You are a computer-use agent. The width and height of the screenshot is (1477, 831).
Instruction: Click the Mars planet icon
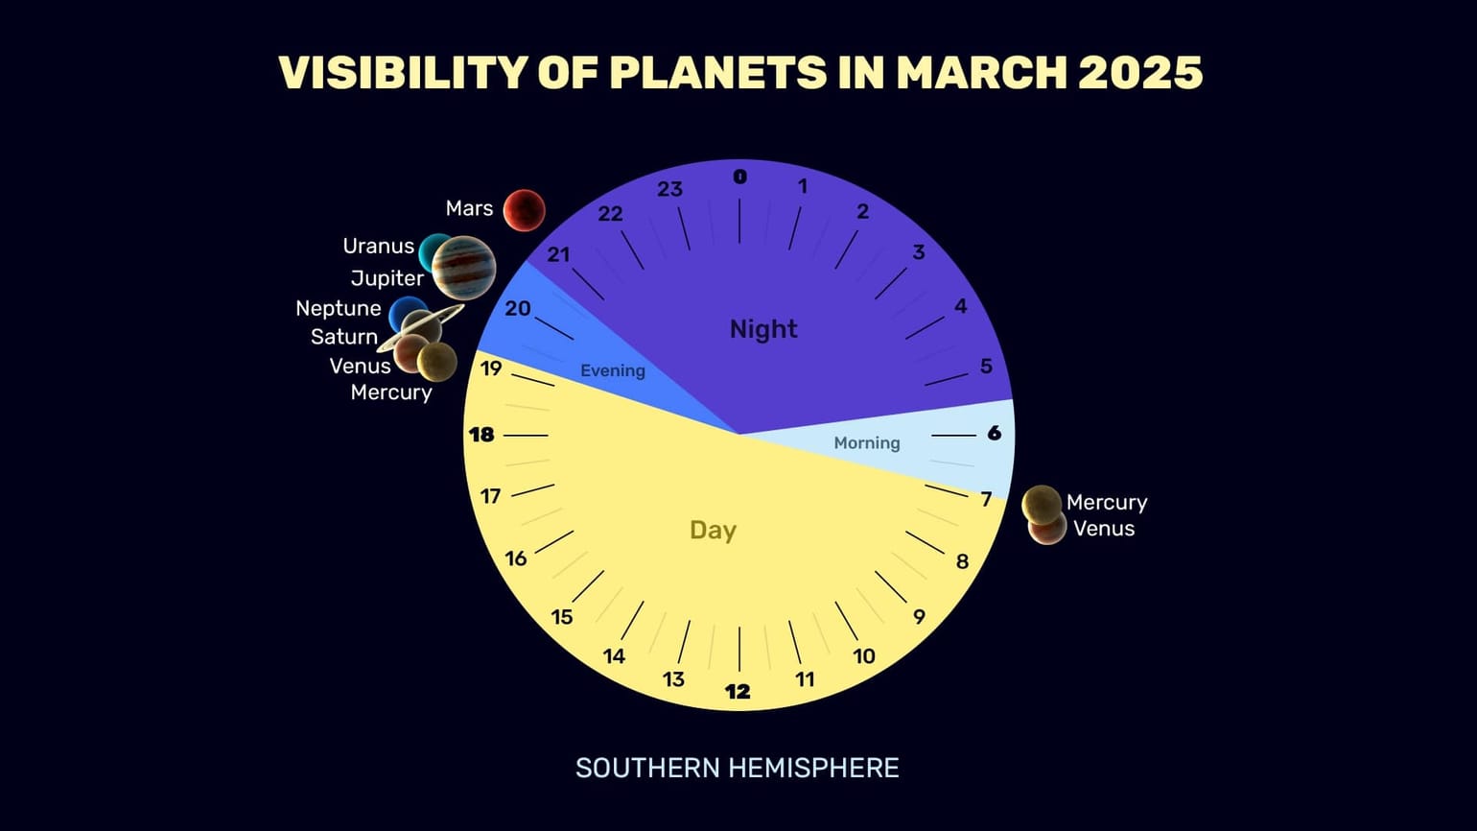tap(525, 211)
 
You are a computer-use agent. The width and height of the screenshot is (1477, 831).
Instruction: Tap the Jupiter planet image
tap(463, 268)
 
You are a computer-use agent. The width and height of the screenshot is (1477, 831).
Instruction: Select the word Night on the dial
tap(763, 329)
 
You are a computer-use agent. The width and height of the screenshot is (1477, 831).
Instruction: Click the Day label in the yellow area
tap(713, 531)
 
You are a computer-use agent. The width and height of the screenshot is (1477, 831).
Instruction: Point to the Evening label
tap(613, 371)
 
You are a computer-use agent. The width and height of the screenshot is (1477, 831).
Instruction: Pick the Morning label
tap(867, 443)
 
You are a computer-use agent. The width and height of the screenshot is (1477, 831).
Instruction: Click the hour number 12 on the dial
tap(738, 692)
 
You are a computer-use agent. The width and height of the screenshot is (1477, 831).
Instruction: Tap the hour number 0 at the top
tap(739, 177)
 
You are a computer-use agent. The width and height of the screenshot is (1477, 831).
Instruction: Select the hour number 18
tap(481, 435)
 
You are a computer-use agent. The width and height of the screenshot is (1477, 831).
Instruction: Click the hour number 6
tap(994, 434)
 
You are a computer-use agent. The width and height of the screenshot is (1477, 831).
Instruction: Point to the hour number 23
tap(669, 189)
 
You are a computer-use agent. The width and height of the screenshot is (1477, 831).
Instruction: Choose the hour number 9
tap(919, 617)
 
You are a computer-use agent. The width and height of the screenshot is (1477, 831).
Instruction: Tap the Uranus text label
tap(379, 247)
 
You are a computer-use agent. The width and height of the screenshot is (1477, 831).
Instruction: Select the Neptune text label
tap(339, 309)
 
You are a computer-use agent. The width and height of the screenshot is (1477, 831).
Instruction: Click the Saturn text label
tap(344, 338)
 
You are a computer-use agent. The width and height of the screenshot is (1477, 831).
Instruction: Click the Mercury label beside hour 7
tap(1107, 503)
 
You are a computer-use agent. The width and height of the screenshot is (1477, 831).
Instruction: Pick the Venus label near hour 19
tap(360, 367)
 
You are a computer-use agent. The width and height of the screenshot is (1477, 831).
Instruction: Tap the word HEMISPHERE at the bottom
tap(813, 769)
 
